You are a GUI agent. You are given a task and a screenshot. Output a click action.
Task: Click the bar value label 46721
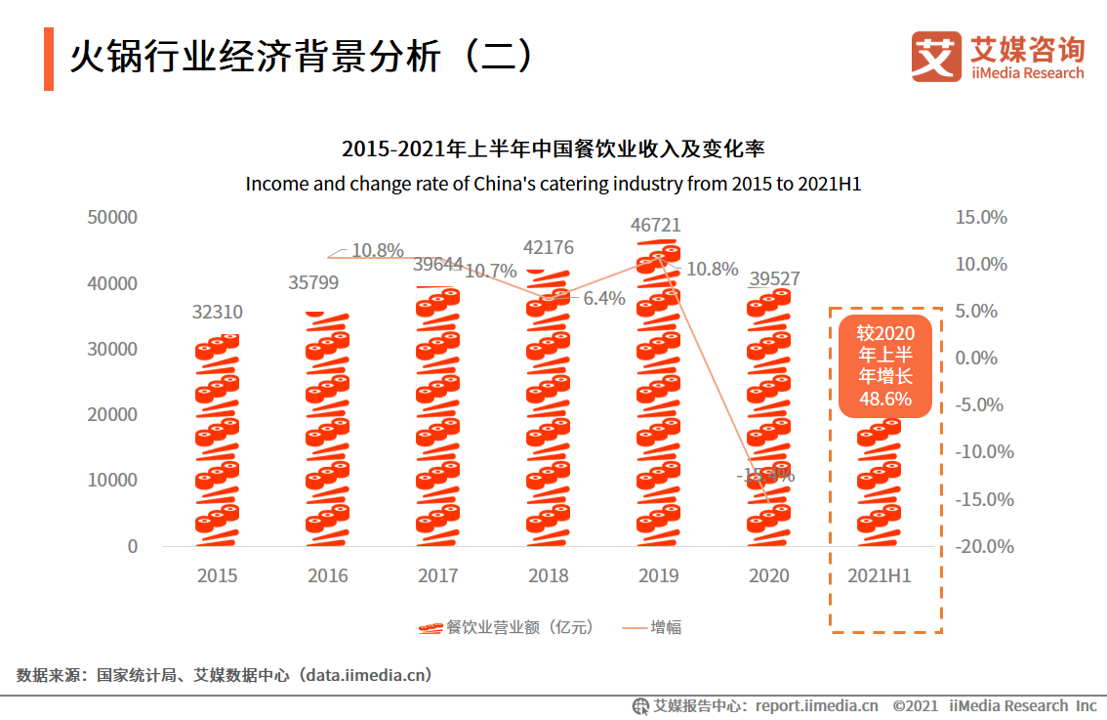tap(657, 226)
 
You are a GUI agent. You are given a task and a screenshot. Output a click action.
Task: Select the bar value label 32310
tap(217, 313)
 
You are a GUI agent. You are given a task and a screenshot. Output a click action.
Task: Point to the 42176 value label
tap(549, 247)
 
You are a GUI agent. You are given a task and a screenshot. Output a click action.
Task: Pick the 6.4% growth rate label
tap(604, 299)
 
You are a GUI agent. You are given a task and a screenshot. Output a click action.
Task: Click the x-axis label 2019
tap(658, 576)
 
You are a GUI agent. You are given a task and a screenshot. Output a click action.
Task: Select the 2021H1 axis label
tap(879, 576)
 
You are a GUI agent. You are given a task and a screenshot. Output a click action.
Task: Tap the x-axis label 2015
tap(217, 576)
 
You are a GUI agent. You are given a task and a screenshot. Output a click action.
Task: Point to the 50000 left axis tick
tap(112, 217)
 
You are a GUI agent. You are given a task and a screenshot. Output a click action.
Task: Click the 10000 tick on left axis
tap(112, 480)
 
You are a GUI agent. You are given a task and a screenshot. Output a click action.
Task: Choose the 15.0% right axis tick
tap(980, 217)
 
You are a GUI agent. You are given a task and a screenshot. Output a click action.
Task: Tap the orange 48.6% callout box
tap(885, 365)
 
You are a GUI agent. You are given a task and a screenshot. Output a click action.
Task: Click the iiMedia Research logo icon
tap(935, 56)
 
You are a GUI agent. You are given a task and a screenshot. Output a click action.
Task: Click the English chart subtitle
tap(553, 184)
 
